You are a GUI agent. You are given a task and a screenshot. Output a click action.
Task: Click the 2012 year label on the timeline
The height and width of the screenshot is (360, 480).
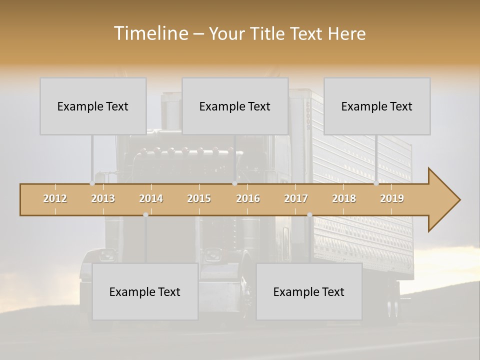pos(55,198)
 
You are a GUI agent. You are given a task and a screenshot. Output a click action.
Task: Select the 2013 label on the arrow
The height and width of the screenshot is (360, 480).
pos(103,198)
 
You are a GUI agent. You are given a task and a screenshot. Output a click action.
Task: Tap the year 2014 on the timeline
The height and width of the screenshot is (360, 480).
pos(151,198)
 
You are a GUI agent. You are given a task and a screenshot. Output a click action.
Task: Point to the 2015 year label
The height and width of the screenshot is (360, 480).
pos(199,198)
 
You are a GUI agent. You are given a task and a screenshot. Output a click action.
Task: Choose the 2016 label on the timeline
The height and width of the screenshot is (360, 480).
pos(248,198)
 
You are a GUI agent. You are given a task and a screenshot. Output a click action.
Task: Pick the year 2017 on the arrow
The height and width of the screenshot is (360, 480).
pos(296,198)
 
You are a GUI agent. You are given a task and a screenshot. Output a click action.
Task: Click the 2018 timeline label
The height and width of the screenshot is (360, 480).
pos(344,198)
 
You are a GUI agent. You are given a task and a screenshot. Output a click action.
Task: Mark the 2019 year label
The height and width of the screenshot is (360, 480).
pos(392,198)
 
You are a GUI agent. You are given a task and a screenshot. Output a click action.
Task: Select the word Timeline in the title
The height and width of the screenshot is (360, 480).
pos(150,33)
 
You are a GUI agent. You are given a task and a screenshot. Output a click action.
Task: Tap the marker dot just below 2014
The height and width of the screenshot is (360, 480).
pos(145,214)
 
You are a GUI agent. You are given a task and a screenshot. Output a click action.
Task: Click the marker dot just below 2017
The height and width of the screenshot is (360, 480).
pos(309,214)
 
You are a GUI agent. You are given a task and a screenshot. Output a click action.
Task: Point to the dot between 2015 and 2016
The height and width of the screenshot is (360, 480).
pos(234,183)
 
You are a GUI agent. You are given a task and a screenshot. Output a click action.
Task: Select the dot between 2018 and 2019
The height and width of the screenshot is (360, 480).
pos(376,183)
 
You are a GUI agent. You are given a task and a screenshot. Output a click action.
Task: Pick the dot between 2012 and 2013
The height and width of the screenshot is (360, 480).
pos(92,183)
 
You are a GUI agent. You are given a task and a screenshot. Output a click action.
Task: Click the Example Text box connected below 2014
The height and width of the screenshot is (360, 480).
pos(145,291)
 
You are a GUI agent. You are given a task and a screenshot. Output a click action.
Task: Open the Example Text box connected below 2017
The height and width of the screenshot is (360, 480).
pos(309,291)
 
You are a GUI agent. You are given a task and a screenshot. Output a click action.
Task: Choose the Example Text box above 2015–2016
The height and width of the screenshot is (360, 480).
pos(235,106)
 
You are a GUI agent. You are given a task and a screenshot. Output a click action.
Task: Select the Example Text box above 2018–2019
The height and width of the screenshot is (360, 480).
pos(377,106)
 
